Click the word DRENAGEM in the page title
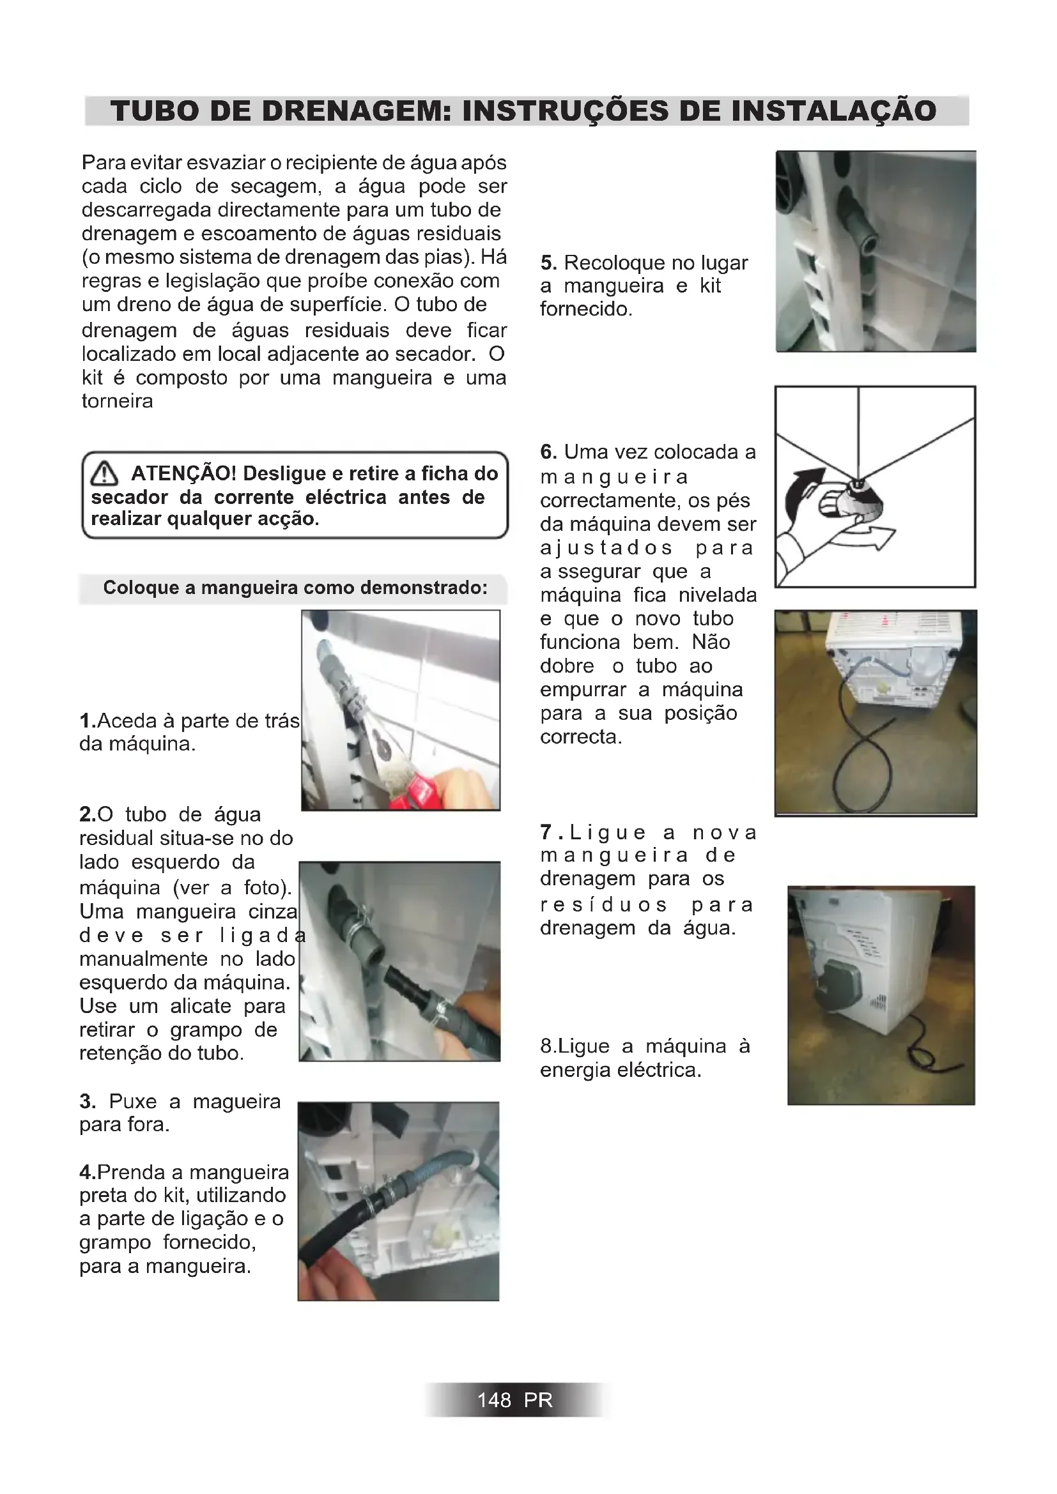click(343, 111)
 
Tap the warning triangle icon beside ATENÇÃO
click(104, 474)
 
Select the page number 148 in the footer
click(494, 1400)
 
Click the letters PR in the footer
click(538, 1400)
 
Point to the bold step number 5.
click(548, 264)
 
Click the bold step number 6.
click(548, 452)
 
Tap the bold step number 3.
click(87, 1102)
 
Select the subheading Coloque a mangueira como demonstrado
click(295, 588)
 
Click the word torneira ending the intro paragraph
click(117, 402)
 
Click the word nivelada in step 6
click(717, 595)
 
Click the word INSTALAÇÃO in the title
click(834, 111)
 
